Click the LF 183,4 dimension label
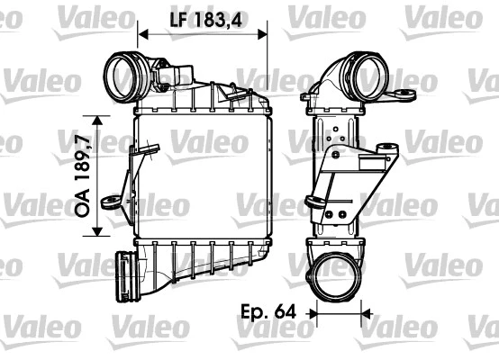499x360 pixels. click(203, 17)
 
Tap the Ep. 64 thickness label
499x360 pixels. click(267, 314)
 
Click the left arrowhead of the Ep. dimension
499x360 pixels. click(314, 314)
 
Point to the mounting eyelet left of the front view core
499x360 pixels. click(111, 202)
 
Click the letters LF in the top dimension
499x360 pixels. click(176, 17)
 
